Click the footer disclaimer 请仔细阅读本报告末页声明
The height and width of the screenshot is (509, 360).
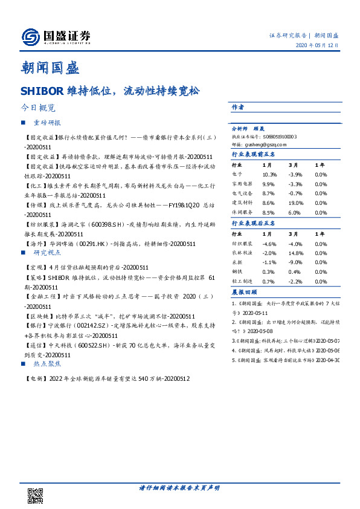pyautogui.click(x=179, y=488)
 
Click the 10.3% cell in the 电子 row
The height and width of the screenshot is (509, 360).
pyautogui.click(x=269, y=174)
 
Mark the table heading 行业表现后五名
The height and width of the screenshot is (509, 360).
pyautogui.click(x=254, y=222)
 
